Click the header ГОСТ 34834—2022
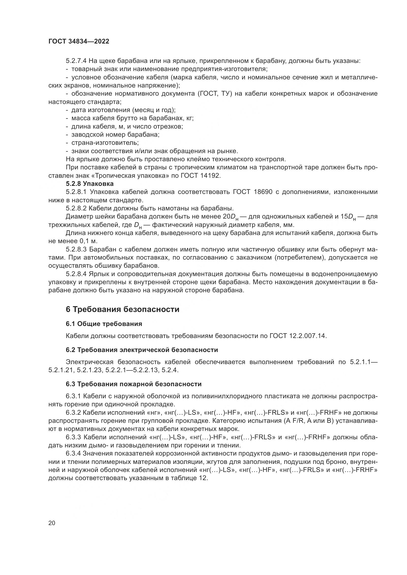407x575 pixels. [79, 42]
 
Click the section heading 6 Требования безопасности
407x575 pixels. [123, 309]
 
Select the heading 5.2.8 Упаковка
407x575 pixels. [90, 184]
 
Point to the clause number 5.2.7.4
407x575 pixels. [76, 61]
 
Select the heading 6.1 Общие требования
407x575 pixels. [104, 324]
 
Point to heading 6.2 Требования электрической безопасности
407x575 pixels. [141, 350]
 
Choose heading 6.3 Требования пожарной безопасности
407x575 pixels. [134, 384]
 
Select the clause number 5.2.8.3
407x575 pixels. [76, 250]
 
